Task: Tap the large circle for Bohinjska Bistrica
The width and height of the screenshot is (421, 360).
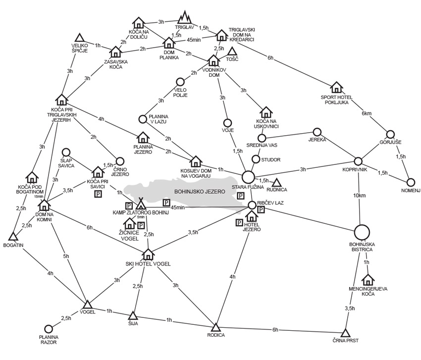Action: (362, 232)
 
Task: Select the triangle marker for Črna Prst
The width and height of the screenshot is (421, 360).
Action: (346, 332)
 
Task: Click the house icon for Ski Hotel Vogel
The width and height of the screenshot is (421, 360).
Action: (148, 255)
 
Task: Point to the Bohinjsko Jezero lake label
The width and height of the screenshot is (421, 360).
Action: (194, 190)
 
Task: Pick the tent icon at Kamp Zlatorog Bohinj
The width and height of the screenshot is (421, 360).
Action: (141, 203)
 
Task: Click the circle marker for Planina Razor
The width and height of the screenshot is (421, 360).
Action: (49, 329)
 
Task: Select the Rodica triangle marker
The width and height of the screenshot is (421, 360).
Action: (215, 327)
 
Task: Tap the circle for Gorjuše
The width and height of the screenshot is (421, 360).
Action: (390, 134)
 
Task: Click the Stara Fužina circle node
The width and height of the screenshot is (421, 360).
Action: (248, 176)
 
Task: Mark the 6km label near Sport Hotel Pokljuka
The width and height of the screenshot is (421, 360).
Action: (367, 113)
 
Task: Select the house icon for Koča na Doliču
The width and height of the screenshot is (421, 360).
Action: (139, 23)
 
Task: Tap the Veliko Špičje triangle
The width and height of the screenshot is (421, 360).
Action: (79, 38)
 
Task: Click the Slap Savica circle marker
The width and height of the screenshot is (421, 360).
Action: (65, 153)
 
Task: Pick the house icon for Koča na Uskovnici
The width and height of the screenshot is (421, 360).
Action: (266, 112)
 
